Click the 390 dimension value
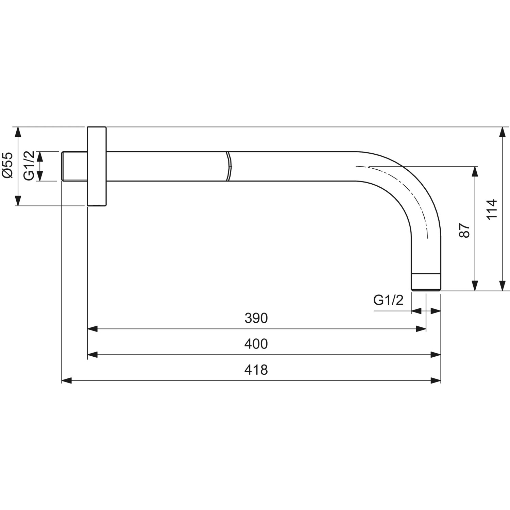tap(256, 318)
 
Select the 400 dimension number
tap(256, 344)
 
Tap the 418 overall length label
tap(256, 370)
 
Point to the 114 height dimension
tap(492, 209)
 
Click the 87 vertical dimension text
tap(464, 231)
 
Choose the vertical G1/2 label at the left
tap(29, 166)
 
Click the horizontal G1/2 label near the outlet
tap(388, 300)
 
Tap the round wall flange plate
tap(97, 166)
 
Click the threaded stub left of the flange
tap(74, 166)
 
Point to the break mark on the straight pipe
tap(228, 166)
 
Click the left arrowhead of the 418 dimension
tap(67, 380)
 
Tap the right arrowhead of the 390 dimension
tap(421, 329)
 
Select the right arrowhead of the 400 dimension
tap(436, 355)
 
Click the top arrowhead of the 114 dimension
tap(502, 132)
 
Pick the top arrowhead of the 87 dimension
tap(475, 171)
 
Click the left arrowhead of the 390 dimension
tap(92, 329)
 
